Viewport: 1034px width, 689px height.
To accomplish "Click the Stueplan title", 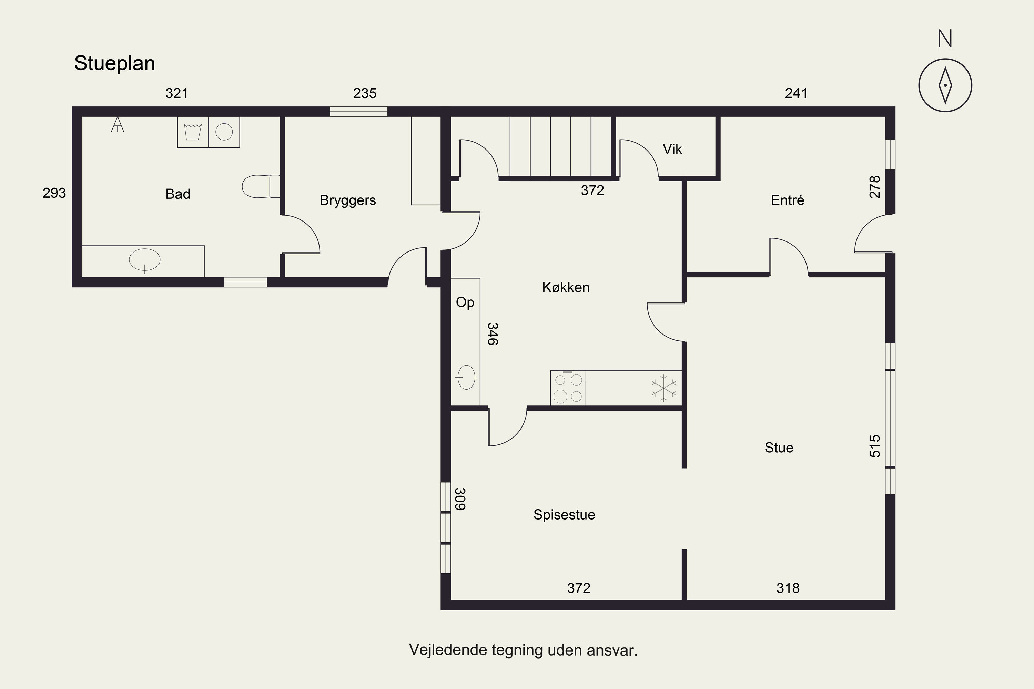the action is (x=114, y=64).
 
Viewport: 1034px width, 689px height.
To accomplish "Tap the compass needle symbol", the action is (x=945, y=85).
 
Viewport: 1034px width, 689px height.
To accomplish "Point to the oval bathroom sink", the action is (x=145, y=260).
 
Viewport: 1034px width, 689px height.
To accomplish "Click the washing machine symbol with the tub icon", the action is (x=193, y=132).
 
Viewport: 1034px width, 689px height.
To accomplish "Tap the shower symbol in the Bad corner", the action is (x=118, y=124).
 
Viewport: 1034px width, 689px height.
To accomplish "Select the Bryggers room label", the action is (x=348, y=200).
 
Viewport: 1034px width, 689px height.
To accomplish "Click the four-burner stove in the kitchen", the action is (x=568, y=388).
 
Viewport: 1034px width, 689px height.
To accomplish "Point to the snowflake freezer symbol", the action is (x=664, y=388).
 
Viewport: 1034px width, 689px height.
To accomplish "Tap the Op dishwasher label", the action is (x=465, y=303).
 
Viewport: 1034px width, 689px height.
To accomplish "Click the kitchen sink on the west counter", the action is (x=466, y=377).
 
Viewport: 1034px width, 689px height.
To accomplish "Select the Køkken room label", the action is (x=566, y=287).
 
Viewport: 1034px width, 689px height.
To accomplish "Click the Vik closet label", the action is (x=672, y=150).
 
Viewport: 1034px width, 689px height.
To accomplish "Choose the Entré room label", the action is (x=787, y=200).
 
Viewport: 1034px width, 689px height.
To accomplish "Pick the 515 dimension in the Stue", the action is (x=875, y=446).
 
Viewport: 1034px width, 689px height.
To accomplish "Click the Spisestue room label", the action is (x=564, y=515).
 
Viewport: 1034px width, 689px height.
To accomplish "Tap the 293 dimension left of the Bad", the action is (x=54, y=193).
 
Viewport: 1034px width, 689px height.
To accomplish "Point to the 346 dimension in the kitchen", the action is (x=493, y=334).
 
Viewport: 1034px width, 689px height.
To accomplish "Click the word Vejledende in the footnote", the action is (x=448, y=649).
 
